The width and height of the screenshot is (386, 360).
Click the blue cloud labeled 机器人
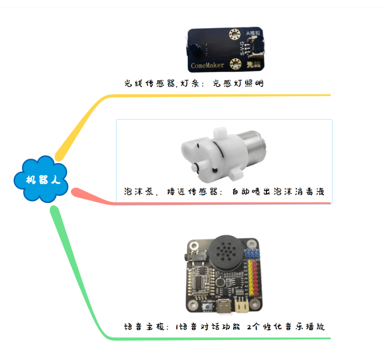point(41,179)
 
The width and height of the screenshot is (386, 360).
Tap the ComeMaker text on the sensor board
point(208,65)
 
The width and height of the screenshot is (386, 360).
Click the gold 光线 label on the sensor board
point(254,65)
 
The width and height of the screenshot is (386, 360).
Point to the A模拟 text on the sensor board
point(253,33)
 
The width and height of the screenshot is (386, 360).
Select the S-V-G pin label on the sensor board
point(242,48)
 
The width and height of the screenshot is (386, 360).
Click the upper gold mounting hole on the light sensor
point(235,34)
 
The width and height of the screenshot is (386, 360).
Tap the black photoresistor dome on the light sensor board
point(194,50)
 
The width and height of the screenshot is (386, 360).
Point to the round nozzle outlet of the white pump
point(196,167)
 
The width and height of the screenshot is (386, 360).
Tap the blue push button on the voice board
point(207,307)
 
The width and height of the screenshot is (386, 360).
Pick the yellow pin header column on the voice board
point(251,278)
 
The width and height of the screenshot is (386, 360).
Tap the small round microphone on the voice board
point(221,282)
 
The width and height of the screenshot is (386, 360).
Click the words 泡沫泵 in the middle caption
point(139,191)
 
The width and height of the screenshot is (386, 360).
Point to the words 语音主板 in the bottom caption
point(144,327)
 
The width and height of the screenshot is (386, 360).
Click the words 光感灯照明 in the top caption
point(238,83)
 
